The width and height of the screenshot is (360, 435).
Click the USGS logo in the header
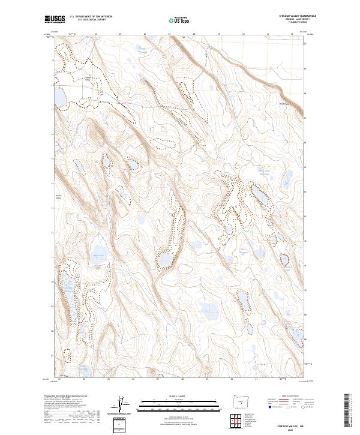tap(55, 20)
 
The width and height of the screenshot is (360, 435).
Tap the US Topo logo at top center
tap(179, 20)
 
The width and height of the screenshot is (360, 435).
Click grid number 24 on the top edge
tap(96, 34)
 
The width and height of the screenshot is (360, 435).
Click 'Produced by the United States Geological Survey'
tap(65, 396)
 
